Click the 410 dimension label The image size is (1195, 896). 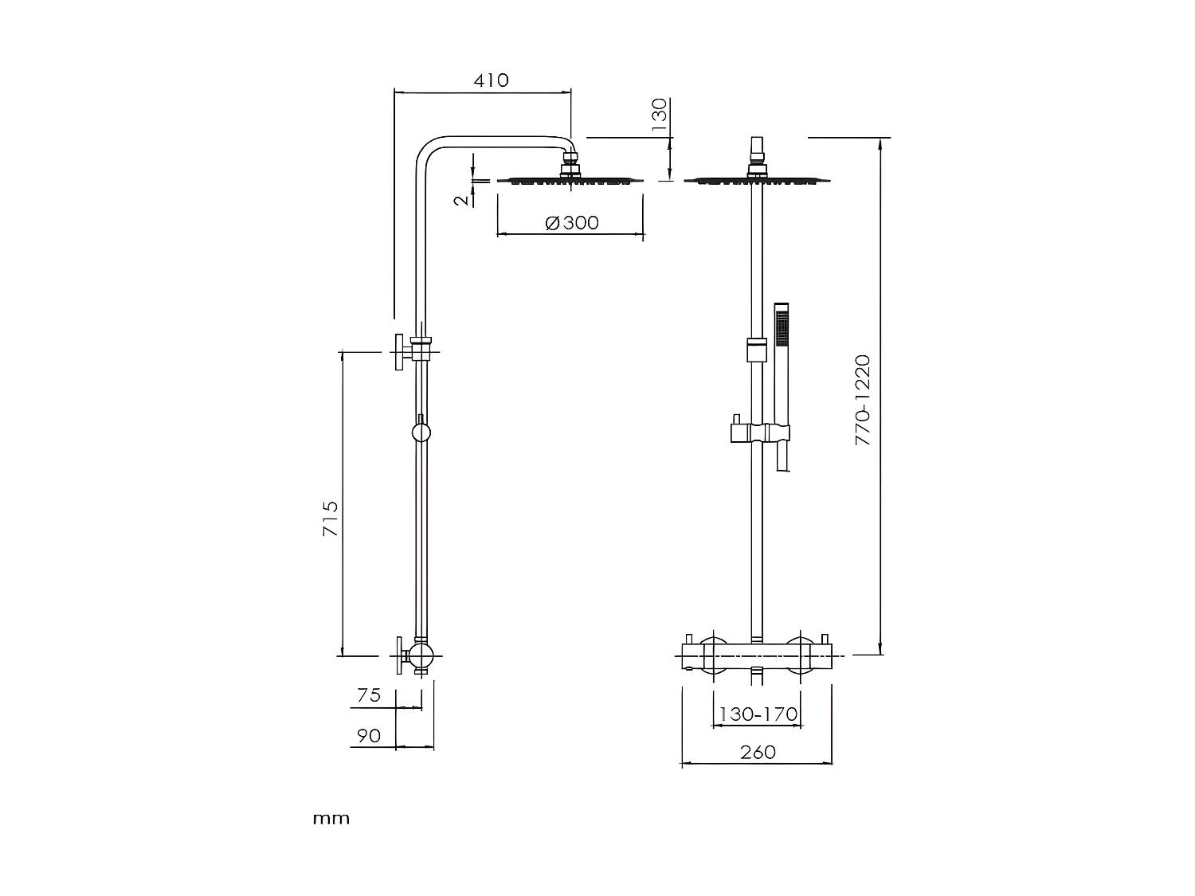pyautogui.click(x=491, y=80)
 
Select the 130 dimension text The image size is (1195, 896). pyautogui.click(x=660, y=115)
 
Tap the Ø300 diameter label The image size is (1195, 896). pyautogui.click(x=572, y=223)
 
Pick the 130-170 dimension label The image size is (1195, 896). pyautogui.click(x=758, y=714)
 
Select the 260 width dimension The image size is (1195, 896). pyautogui.click(x=757, y=752)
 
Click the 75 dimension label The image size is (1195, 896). pyautogui.click(x=369, y=695)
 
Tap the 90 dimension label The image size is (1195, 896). pyautogui.click(x=368, y=736)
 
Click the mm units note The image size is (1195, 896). pyautogui.click(x=331, y=819)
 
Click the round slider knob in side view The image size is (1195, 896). pyautogui.click(x=421, y=432)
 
